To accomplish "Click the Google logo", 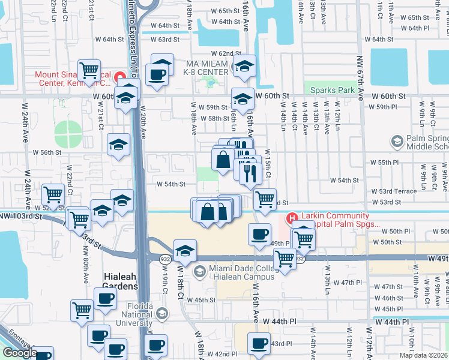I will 19,353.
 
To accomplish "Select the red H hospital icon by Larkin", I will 292,219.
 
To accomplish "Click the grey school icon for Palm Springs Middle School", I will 396,142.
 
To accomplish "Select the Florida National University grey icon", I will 162,313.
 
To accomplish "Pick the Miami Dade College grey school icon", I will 199,272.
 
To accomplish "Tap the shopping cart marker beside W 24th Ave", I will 53,194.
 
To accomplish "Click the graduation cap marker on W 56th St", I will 119,144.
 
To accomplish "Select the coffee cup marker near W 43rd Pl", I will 259,344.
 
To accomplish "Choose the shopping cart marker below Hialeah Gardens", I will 82,310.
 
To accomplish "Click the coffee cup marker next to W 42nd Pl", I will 156,347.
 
